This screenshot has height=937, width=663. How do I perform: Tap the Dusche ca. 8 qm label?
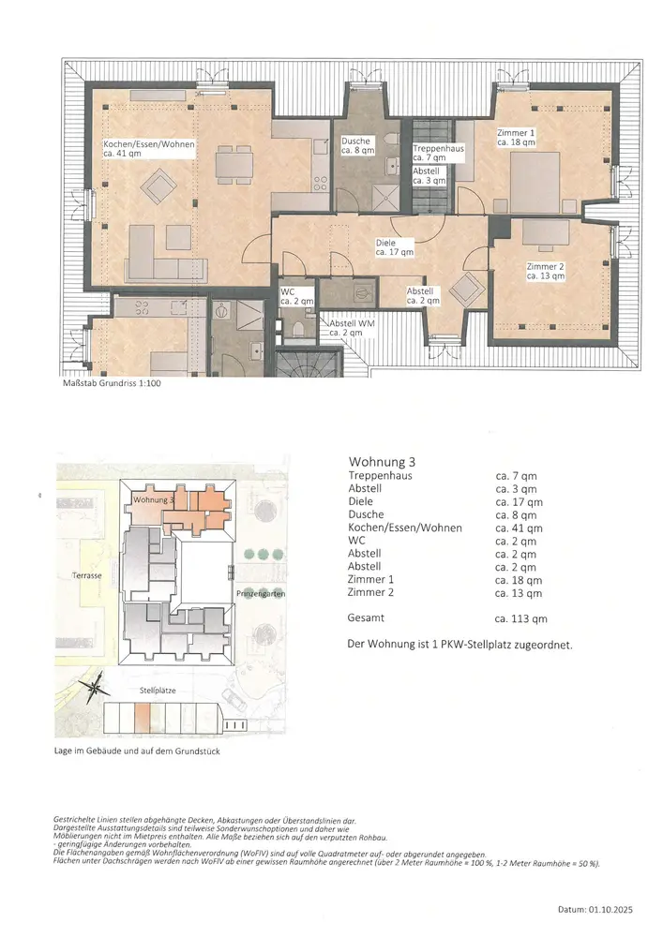pyautogui.click(x=357, y=146)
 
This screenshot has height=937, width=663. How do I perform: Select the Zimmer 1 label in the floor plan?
pyautogui.click(x=516, y=138)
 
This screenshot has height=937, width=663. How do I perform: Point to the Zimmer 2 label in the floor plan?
pyautogui.click(x=545, y=272)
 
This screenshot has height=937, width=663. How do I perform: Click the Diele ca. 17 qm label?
pyautogui.click(x=394, y=247)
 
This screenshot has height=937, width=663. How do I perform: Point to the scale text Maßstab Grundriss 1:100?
pyautogui.click(x=112, y=383)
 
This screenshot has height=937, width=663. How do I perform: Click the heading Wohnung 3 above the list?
pyautogui.click(x=382, y=462)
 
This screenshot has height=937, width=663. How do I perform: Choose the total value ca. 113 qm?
pyautogui.click(x=521, y=619)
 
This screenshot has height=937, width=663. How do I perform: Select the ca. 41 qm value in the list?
pyautogui.click(x=519, y=528)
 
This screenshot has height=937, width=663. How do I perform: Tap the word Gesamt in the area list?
pyautogui.click(x=366, y=617)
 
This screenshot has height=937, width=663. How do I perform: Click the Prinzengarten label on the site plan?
pyautogui.click(x=261, y=593)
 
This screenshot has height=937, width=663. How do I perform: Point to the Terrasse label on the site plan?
pyautogui.click(x=86, y=575)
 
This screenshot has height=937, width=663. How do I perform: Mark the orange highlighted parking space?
pyautogui.click(x=143, y=718)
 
